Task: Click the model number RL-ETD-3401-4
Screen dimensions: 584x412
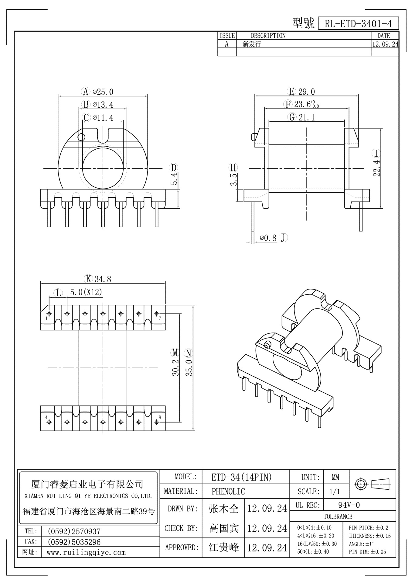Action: click(x=358, y=24)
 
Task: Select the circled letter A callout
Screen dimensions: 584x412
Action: click(x=86, y=91)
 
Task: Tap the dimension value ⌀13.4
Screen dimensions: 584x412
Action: click(x=103, y=105)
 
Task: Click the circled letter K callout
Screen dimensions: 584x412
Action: click(x=88, y=279)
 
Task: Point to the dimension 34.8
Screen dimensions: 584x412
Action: click(x=103, y=279)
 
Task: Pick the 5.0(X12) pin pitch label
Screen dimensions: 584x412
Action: click(x=86, y=292)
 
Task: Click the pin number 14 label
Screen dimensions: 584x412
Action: click(x=45, y=417)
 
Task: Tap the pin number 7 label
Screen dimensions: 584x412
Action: click(x=160, y=318)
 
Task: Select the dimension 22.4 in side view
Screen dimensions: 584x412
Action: click(x=376, y=168)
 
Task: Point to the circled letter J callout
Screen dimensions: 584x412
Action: click(x=283, y=238)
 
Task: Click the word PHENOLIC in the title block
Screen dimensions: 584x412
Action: click(x=228, y=491)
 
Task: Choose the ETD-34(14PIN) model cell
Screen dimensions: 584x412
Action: click(x=241, y=477)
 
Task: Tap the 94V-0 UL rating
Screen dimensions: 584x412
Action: click(x=349, y=505)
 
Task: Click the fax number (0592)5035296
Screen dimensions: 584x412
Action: click(x=74, y=542)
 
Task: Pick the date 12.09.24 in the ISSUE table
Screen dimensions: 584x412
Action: click(x=385, y=44)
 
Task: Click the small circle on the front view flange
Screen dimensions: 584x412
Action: click(x=81, y=137)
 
